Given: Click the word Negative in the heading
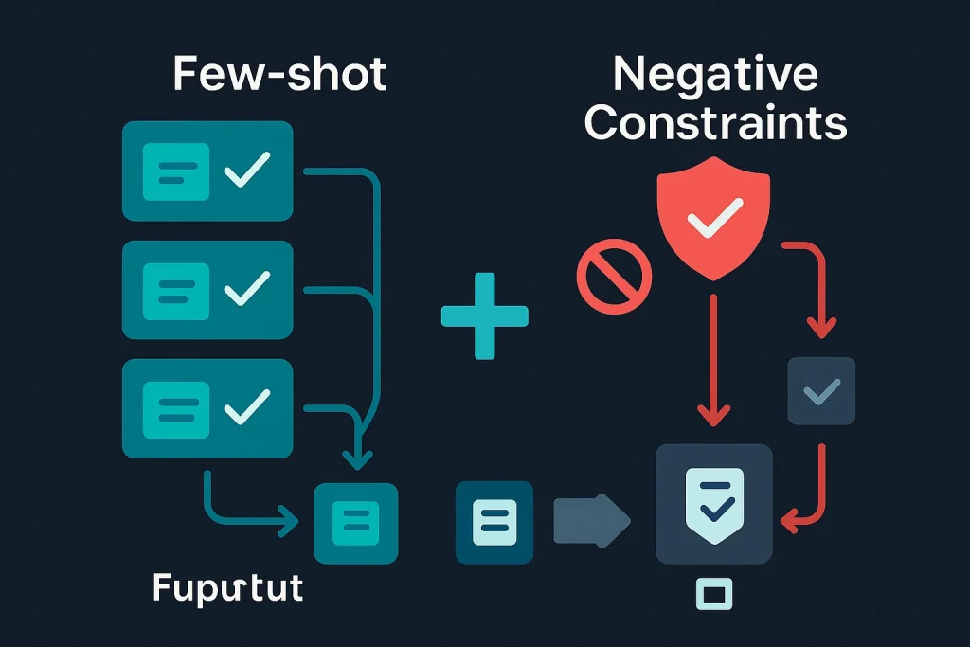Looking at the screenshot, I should [x=715, y=74].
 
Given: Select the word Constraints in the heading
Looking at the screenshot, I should [x=715, y=123].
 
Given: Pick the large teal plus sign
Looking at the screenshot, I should [x=485, y=315].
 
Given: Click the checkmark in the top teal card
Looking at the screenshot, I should [x=245, y=171].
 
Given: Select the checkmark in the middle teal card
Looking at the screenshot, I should [x=245, y=289].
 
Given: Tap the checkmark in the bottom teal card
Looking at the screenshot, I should [x=245, y=407].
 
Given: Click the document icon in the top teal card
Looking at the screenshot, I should [x=175, y=171].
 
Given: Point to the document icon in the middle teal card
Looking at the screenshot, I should [x=175, y=290].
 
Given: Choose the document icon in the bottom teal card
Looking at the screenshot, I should [x=175, y=408].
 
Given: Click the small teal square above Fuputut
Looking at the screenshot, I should [x=356, y=523].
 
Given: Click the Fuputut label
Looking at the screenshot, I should [x=228, y=588].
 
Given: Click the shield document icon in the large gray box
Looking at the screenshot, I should [x=714, y=503].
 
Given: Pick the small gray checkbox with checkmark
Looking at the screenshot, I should [x=821, y=390].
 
